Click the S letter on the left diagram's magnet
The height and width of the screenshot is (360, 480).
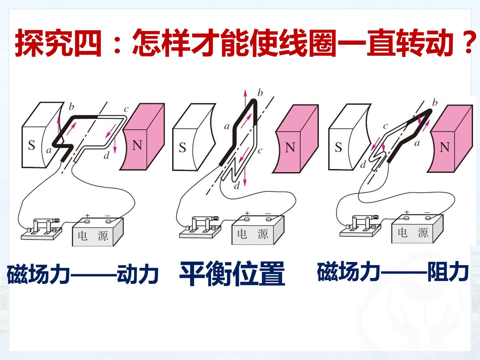pyautogui.click(x=31, y=145)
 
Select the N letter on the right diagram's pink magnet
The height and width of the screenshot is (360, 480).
pyautogui.click(x=445, y=147)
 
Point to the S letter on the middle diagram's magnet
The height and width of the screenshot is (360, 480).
pyautogui.click(x=182, y=147)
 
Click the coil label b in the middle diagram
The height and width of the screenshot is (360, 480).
pyautogui.click(x=260, y=93)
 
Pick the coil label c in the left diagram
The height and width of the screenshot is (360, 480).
pyautogui.click(x=126, y=109)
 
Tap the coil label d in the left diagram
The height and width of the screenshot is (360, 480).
pyautogui.click(x=106, y=155)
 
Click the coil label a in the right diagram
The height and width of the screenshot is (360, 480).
pyautogui.click(x=417, y=143)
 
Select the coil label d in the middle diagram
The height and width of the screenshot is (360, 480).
pyautogui.click(x=237, y=186)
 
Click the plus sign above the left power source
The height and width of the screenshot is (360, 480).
pyautogui.click(x=87, y=216)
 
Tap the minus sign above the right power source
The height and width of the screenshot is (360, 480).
pyautogui.click(x=427, y=212)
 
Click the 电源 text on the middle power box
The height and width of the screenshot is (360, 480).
pyautogui.click(x=252, y=234)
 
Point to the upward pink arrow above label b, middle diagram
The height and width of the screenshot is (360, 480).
pyautogui.click(x=245, y=98)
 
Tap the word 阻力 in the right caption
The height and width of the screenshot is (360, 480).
pyautogui.click(x=448, y=272)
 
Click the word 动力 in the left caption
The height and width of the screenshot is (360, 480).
pyautogui.click(x=138, y=274)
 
